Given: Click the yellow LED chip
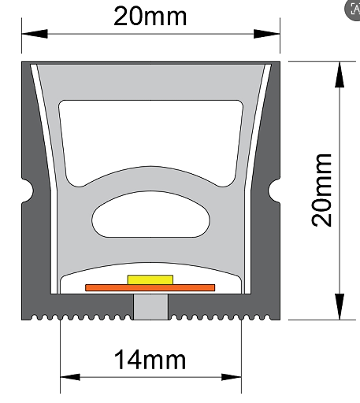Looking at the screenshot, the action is tap(150, 279).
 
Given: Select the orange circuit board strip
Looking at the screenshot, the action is tap(150, 288).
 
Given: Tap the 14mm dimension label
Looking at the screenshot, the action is tap(150, 360).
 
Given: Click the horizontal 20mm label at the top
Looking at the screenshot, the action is tap(150, 17).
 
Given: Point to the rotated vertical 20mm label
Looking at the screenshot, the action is tap(321, 190).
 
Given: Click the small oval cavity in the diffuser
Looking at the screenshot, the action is tap(150, 215).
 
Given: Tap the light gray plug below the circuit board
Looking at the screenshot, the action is tap(150, 307).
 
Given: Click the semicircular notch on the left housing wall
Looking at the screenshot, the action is tap(28, 190).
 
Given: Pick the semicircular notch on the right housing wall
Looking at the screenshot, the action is tap(274, 190).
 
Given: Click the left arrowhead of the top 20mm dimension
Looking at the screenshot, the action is tap(35, 34).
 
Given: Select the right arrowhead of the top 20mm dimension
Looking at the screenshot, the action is tap(267, 34).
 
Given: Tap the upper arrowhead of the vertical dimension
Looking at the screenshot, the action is tap(340, 74).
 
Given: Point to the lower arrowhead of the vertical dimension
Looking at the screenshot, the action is tap(340, 307).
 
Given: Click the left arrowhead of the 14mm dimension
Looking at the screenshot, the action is tap(70, 377).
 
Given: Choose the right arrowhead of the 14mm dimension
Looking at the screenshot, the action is tap(232, 377).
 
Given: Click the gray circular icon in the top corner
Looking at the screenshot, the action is tap(352, 10).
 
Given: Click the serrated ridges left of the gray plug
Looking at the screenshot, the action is tap(81, 317).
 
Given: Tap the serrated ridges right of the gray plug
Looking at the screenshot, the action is tap(221, 317).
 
